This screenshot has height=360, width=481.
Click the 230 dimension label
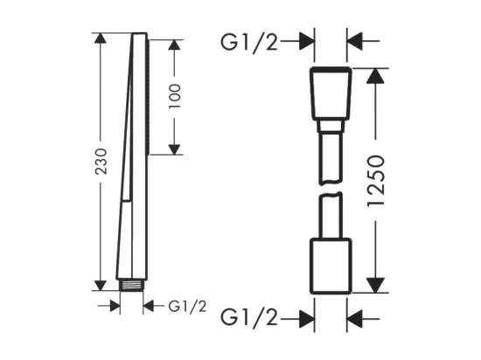click(x=101, y=162)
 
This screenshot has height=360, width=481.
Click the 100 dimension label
click(x=175, y=96)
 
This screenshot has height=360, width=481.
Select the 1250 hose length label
click(x=376, y=181)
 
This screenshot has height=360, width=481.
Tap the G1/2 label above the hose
click(x=249, y=42)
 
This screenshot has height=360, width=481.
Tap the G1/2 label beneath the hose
click(x=249, y=318)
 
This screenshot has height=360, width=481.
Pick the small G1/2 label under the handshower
click(x=187, y=307)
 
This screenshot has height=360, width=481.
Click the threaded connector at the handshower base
click(x=131, y=285)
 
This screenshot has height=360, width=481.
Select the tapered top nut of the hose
click(x=331, y=93)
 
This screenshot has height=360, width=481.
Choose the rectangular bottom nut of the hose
click(x=331, y=266)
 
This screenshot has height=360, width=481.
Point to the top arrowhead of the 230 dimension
click(x=101, y=38)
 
